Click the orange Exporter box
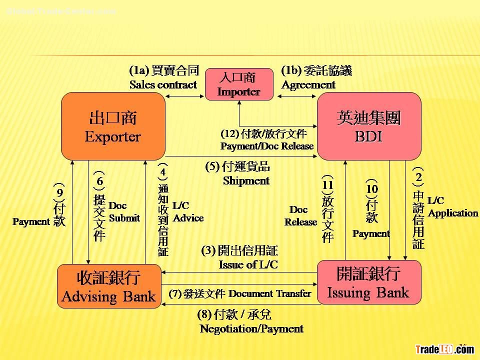[x=113, y=126]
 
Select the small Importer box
[x=239, y=84]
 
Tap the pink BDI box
[x=369, y=126]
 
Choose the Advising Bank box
[x=108, y=286]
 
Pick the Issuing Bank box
[x=368, y=282]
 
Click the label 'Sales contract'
[x=163, y=85]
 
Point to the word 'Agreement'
[x=308, y=85]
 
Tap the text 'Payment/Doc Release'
[x=267, y=146]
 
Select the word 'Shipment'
[x=246, y=181]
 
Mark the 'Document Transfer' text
[x=269, y=293]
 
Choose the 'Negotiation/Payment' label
[x=251, y=329]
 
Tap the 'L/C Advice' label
[x=188, y=212]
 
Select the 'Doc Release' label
[x=301, y=216]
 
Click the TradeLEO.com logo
[x=444, y=350]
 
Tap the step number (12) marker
[x=230, y=134]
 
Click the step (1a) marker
[x=138, y=70]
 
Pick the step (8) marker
[x=204, y=315]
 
